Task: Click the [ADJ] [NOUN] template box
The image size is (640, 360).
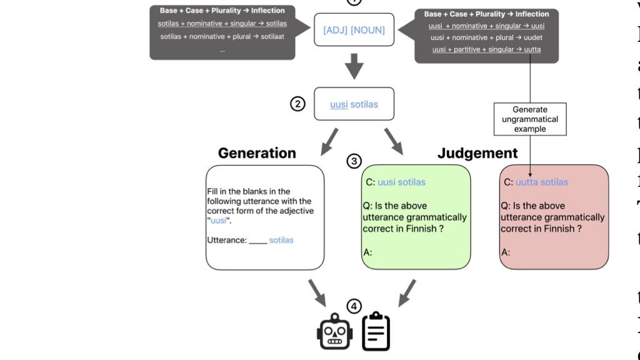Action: tap(354, 29)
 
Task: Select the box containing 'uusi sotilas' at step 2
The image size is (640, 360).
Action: tap(354, 104)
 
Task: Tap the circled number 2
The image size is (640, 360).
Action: tap(298, 104)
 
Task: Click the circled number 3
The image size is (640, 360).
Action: tap(354, 161)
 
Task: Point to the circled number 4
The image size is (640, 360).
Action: tap(354, 306)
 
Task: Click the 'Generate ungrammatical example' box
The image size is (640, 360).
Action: tap(530, 119)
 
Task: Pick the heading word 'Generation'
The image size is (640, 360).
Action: tap(257, 153)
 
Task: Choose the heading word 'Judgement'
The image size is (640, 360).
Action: tap(477, 153)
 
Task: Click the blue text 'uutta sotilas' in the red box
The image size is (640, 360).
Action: tap(542, 182)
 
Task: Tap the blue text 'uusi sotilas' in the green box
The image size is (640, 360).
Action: tap(401, 182)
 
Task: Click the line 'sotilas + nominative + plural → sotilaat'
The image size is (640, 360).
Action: tap(222, 36)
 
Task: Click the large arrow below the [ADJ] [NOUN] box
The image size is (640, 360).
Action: tap(354, 66)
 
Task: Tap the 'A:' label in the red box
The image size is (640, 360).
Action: tap(506, 252)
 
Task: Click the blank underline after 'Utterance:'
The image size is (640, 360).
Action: tap(258, 241)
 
